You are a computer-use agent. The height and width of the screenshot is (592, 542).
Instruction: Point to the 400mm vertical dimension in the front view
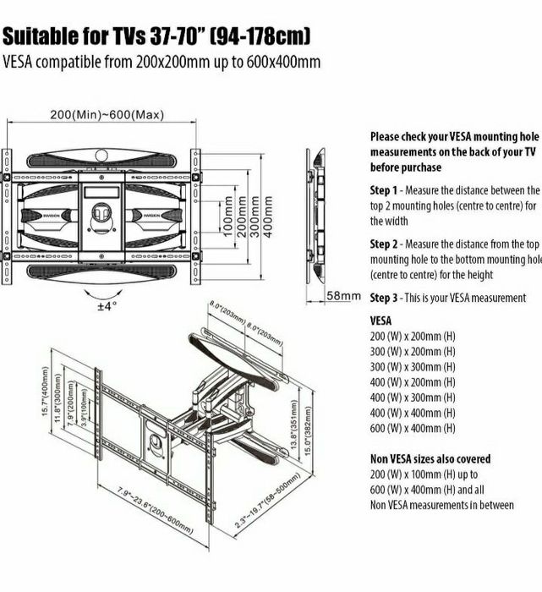click(269, 217)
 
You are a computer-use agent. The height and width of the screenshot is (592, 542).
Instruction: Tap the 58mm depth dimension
click(344, 297)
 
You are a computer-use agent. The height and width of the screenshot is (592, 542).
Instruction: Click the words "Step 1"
click(386, 190)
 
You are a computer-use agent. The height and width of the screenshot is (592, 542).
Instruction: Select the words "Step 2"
click(386, 244)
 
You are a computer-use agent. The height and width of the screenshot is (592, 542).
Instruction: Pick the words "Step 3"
click(386, 298)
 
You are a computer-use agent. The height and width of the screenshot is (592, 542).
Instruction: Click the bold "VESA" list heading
click(380, 321)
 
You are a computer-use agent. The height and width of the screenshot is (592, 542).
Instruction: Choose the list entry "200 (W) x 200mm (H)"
click(413, 337)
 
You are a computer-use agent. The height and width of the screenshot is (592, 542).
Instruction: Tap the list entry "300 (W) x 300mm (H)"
click(413, 367)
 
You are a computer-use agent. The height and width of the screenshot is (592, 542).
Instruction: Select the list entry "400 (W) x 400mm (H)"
click(413, 413)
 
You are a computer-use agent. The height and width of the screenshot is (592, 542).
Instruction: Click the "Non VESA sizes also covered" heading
click(441, 459)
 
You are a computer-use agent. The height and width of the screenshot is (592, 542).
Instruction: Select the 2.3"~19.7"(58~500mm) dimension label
click(268, 504)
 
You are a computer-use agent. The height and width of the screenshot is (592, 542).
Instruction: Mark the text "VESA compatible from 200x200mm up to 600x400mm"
click(162, 62)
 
